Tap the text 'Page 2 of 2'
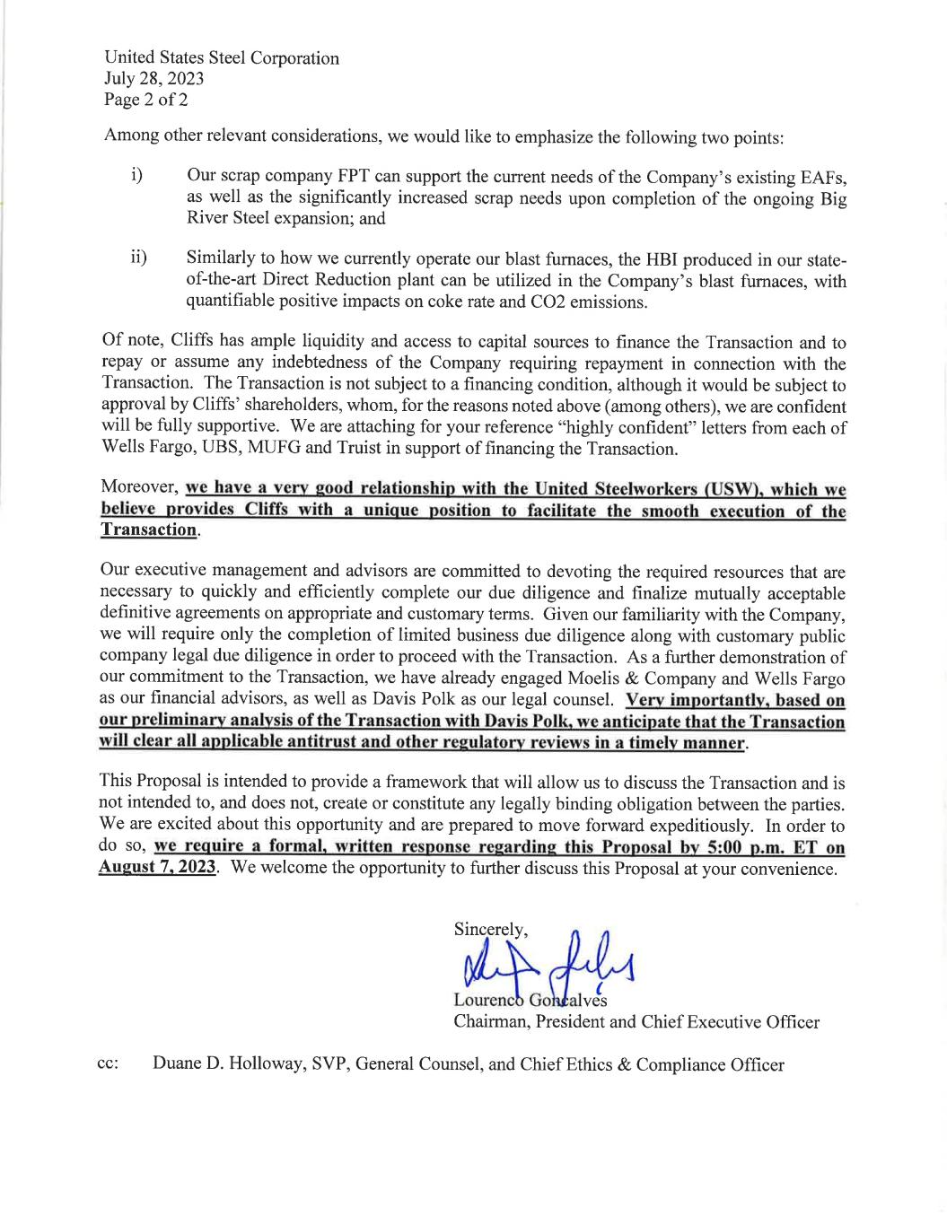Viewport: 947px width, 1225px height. [145, 100]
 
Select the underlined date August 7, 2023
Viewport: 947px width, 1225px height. [157, 869]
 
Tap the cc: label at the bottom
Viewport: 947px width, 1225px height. [108, 1065]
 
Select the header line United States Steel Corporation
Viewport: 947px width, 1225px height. [222, 58]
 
